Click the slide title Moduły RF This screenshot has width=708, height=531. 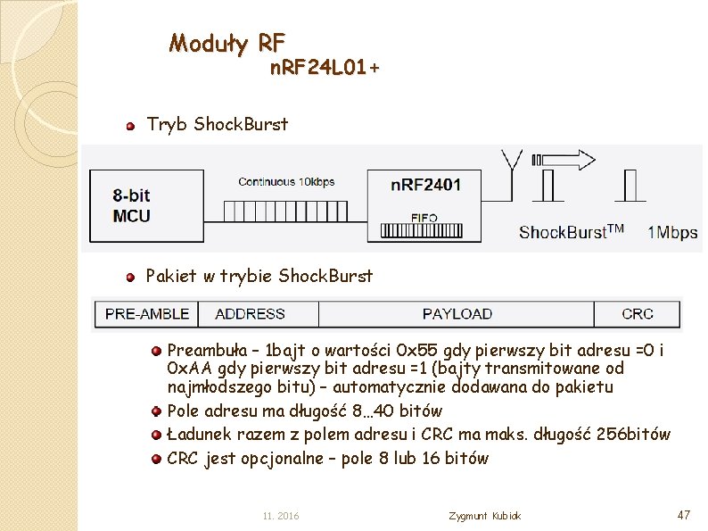coord(227,42)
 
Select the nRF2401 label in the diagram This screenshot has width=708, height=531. coord(425,185)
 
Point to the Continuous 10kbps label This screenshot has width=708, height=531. coord(286,182)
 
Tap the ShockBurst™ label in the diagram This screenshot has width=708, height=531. coord(571,232)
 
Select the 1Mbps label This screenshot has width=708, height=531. coord(672,232)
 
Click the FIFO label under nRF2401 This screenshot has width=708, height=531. coord(424,217)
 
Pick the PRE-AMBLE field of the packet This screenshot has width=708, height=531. coord(147,314)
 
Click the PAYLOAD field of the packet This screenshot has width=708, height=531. coord(457,314)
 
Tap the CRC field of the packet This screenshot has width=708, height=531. coord(637,314)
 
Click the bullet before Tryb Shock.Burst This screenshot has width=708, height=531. coord(130,126)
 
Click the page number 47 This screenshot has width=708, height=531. coord(684,515)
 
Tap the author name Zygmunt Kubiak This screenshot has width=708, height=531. coord(485,516)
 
